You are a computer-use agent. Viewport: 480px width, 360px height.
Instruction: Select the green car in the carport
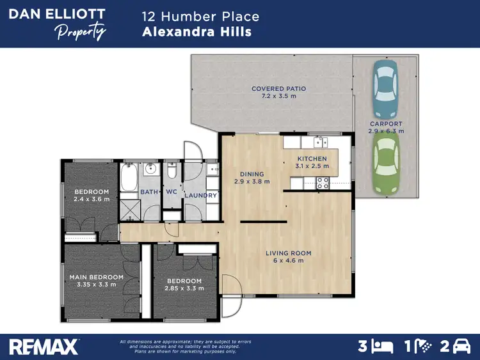(x=386, y=166)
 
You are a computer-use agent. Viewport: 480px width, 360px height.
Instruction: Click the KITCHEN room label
(x=312, y=159)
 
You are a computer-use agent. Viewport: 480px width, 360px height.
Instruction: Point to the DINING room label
(x=252, y=174)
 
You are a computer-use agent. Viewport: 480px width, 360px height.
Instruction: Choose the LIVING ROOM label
(x=288, y=253)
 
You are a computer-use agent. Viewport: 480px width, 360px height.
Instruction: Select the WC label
(x=171, y=192)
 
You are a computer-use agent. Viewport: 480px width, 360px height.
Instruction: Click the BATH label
(x=149, y=192)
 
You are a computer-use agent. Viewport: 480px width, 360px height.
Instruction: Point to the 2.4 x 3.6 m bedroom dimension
(x=92, y=200)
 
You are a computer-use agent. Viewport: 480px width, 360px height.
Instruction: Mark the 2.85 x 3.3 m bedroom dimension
(x=184, y=288)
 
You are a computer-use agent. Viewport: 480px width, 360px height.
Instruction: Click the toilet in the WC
(x=172, y=171)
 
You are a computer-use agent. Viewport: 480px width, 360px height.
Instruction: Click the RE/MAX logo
(x=43, y=346)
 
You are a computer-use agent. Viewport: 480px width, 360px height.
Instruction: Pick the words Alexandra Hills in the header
(x=196, y=32)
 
